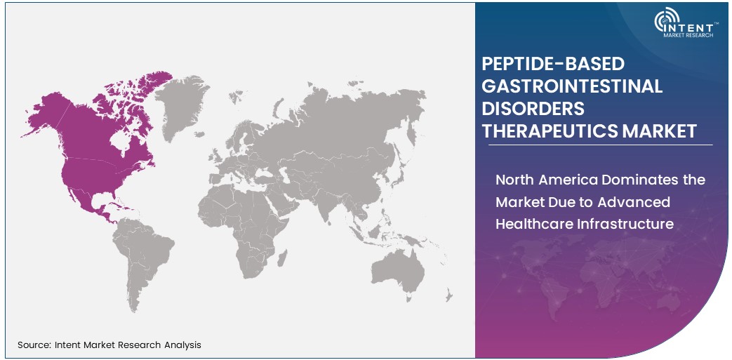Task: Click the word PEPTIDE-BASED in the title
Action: click(553, 64)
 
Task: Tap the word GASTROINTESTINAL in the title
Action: click(572, 86)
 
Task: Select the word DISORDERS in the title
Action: click(533, 109)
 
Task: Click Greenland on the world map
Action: click(185, 105)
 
